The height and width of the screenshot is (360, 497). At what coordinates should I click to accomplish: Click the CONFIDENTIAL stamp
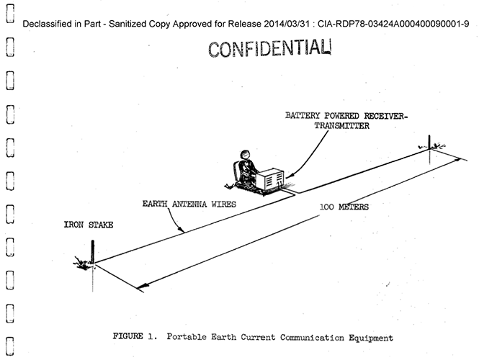pyautogui.click(x=269, y=49)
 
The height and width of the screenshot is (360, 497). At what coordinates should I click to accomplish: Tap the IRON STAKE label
pyautogui.click(x=89, y=225)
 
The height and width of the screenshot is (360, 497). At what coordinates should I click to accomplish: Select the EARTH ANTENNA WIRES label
pyautogui.click(x=189, y=204)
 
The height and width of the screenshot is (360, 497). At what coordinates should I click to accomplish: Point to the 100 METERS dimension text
pyautogui.click(x=344, y=207)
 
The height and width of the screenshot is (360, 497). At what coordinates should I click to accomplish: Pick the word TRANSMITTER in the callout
pyautogui.click(x=341, y=126)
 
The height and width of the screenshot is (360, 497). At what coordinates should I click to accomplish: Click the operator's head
pyautogui.click(x=245, y=155)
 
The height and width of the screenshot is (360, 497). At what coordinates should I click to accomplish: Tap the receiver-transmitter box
pyautogui.click(x=270, y=179)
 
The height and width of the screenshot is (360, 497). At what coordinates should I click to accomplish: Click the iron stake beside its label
pyautogui.click(x=92, y=251)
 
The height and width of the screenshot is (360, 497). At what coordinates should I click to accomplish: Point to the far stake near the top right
pyautogui.click(x=429, y=142)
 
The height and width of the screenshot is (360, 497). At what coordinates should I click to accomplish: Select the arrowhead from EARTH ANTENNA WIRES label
pyautogui.click(x=181, y=230)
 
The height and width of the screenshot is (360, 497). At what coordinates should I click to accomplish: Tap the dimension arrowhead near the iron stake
pyautogui.click(x=143, y=287)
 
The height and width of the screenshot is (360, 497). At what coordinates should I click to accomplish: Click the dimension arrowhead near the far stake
pyautogui.click(x=457, y=160)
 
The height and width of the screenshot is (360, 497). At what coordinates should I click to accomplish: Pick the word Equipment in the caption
pyautogui.click(x=371, y=338)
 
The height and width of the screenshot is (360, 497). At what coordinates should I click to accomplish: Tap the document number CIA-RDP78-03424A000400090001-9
pyautogui.click(x=393, y=24)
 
